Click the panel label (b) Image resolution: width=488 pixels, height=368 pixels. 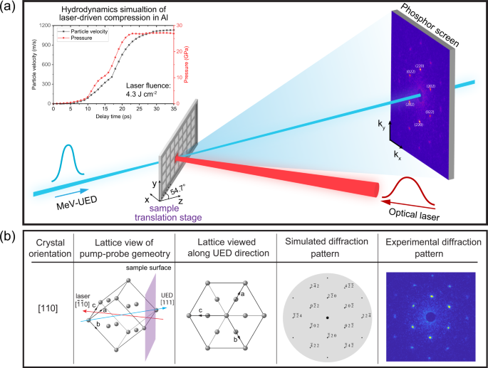pyautogui.click(x=9, y=234)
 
